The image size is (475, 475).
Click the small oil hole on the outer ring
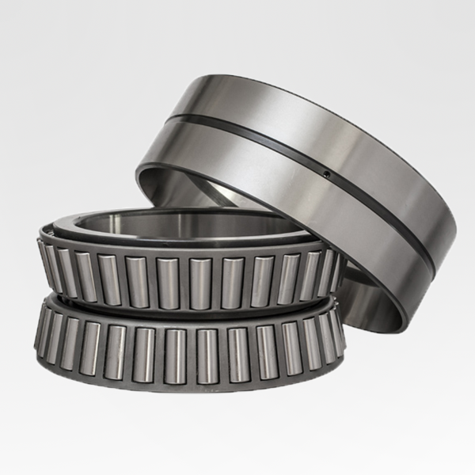[325, 172]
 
